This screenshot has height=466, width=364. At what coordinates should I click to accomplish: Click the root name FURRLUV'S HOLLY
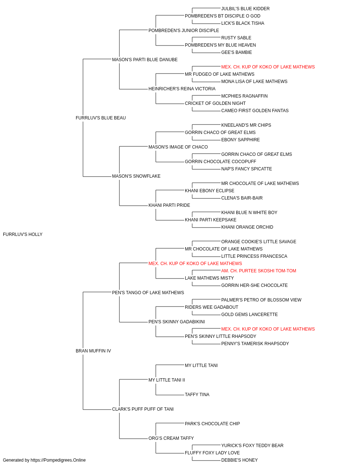23,234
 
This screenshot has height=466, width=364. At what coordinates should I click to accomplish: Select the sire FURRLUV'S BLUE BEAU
100,118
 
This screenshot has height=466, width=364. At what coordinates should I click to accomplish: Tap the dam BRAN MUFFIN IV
93,351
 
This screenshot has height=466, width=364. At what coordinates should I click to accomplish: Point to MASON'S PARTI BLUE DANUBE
145,60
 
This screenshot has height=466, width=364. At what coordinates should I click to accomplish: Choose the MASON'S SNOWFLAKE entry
136,176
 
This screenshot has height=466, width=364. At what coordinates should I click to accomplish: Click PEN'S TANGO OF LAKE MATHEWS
148,292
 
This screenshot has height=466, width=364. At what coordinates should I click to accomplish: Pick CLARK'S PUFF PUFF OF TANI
143,409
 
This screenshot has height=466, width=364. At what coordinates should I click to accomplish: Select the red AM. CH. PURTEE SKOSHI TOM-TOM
258,270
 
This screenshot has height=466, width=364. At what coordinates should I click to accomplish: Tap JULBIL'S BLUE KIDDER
245,9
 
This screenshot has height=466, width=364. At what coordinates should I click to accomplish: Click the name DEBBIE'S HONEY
239,460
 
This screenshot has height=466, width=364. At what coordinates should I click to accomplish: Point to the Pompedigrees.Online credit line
44,460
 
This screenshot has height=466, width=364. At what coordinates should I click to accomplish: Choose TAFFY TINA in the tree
197,395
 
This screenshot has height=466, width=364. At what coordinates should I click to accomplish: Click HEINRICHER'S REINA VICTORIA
182,89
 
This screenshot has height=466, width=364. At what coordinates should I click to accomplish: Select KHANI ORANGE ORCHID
247,227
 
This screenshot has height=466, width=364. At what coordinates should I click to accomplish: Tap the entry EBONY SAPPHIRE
240,139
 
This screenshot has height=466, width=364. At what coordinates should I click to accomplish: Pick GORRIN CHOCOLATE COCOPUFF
220,162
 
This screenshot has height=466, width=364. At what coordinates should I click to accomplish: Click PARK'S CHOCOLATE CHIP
212,424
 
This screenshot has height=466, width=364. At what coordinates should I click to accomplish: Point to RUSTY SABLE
236,38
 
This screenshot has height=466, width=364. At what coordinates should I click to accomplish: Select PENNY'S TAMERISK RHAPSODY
255,344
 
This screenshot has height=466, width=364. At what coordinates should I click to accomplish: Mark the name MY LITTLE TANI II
167,380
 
